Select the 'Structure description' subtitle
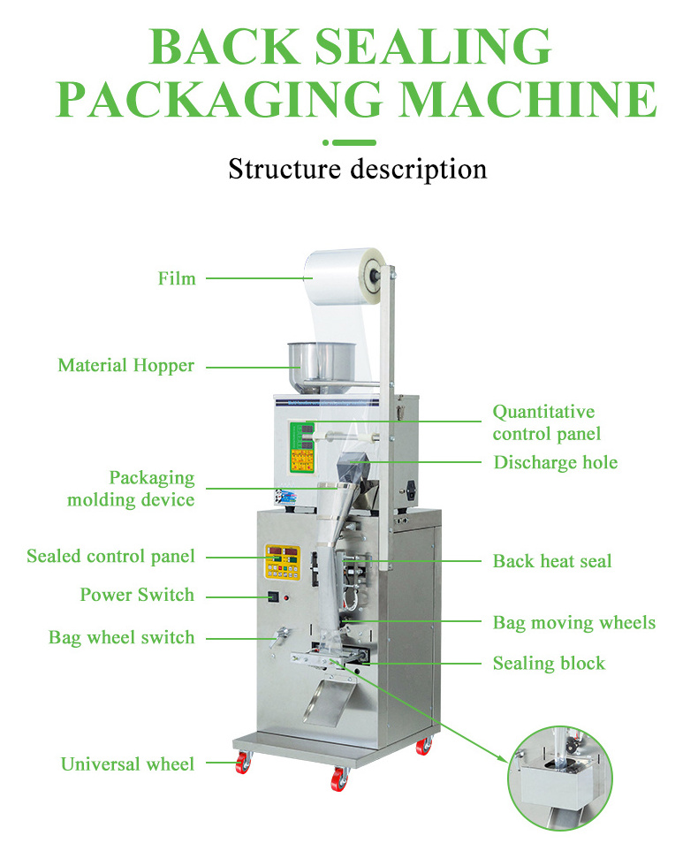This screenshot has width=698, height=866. tap(357, 168)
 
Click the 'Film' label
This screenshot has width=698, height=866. tap(177, 278)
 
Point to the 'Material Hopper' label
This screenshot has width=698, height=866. tap(125, 365)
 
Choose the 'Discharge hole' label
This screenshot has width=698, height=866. tap(555, 462)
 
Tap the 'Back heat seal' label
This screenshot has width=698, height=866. tap(551, 560)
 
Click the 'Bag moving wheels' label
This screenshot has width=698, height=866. tap(573, 622)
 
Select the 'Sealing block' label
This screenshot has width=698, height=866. tap(549, 663)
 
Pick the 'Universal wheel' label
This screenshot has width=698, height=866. tap(127, 763)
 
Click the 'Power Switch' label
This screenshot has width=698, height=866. tap(137, 595)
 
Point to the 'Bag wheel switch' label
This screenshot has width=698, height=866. tap(121, 637)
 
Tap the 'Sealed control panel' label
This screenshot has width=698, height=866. tap(110, 557)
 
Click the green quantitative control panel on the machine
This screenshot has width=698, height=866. tap(303, 447)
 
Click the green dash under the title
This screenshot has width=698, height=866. tap(356, 141)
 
